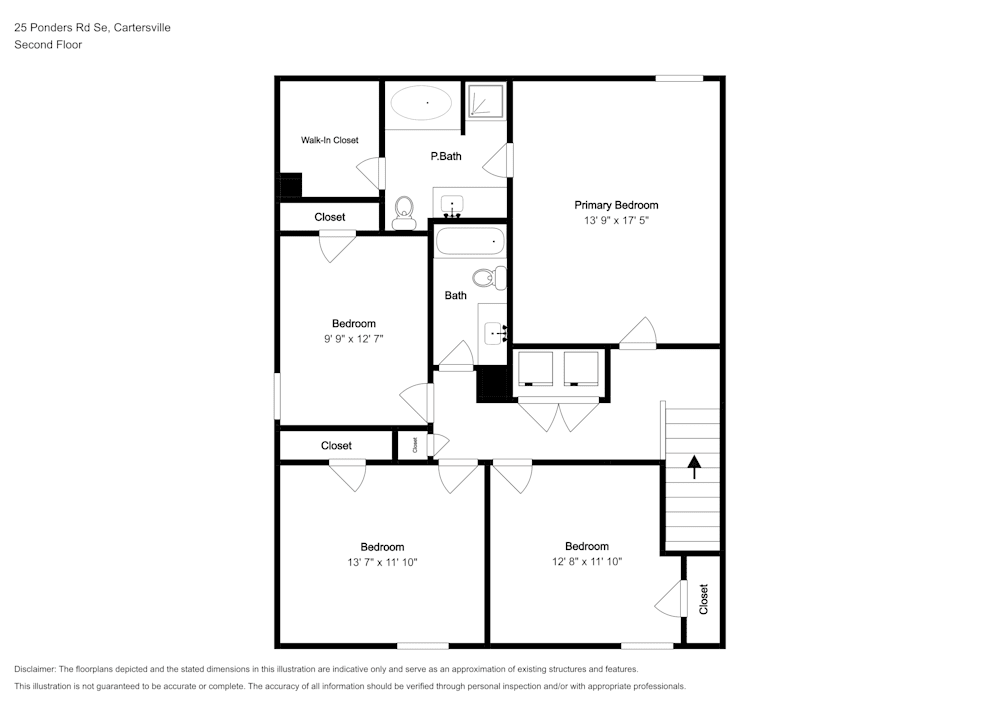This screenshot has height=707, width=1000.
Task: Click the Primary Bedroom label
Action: coord(616,205)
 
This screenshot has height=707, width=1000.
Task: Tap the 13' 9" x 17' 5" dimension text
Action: coord(616,220)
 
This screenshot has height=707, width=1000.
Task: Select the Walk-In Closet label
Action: coord(330,140)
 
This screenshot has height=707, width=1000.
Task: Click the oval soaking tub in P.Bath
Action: coord(421,102)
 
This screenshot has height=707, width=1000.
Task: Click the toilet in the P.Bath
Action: coord(404,210)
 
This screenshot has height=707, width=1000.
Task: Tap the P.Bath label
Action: coord(446,156)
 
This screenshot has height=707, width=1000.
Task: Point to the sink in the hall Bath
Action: coord(494,331)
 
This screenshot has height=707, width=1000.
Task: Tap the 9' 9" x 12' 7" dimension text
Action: coord(354,339)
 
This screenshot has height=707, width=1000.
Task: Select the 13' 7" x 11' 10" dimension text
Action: coord(382,562)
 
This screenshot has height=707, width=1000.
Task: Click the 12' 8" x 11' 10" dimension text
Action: coord(586,562)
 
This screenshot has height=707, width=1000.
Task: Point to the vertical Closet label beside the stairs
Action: coord(704,599)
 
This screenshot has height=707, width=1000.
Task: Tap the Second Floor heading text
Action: coord(48,45)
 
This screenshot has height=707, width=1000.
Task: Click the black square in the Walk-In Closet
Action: coord(290,186)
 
